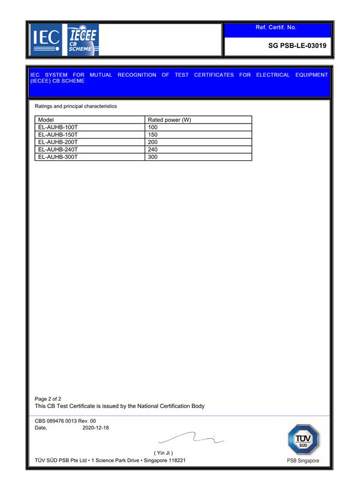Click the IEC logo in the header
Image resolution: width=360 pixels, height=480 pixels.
pyautogui.click(x=46, y=40)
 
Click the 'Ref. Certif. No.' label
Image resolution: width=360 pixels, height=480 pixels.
pyautogui.click(x=276, y=28)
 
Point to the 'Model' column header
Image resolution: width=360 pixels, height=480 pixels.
pyautogui.click(x=46, y=120)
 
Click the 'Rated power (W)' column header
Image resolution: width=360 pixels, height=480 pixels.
pyautogui.click(x=169, y=120)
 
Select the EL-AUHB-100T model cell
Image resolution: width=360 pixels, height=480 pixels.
pyautogui.click(x=58, y=127)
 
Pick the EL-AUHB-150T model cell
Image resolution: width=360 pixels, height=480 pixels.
pyautogui.click(x=58, y=135)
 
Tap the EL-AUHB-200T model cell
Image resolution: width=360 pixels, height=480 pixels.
pyautogui.click(x=58, y=142)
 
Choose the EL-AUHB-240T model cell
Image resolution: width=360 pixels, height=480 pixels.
pyautogui.click(x=58, y=149)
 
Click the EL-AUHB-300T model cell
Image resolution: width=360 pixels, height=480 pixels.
pyautogui.click(x=58, y=157)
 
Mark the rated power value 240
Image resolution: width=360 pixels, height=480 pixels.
pyautogui.click(x=152, y=149)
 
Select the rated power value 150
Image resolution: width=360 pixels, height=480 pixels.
pyautogui.click(x=152, y=135)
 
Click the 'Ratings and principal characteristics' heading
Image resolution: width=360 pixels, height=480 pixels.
pyautogui.click(x=76, y=106)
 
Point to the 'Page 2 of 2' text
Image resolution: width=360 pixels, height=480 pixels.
pyautogui.click(x=48, y=399)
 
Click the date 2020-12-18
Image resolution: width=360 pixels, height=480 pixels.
pyautogui.click(x=95, y=428)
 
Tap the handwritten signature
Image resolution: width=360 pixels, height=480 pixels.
pyautogui.click(x=192, y=440)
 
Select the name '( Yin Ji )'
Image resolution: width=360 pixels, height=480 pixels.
pyautogui.click(x=164, y=452)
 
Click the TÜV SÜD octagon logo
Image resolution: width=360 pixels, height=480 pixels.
pyautogui.click(x=304, y=440)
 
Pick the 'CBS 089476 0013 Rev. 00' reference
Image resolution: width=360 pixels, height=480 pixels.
pyautogui.click(x=65, y=421)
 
